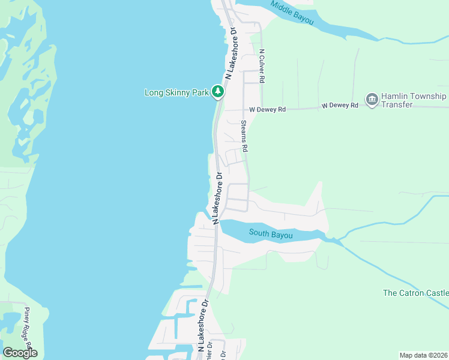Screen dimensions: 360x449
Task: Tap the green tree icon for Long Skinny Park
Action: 218,92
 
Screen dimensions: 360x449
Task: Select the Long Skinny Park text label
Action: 176,92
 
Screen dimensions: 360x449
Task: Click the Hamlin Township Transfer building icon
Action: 372,98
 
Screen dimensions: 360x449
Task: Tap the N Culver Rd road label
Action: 262,66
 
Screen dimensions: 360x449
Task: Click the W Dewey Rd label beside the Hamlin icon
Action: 340,106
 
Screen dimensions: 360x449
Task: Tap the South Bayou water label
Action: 271,235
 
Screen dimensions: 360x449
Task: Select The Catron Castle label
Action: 415,293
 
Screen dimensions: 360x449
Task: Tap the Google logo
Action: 20,353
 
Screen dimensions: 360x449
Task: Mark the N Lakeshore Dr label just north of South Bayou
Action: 217,199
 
